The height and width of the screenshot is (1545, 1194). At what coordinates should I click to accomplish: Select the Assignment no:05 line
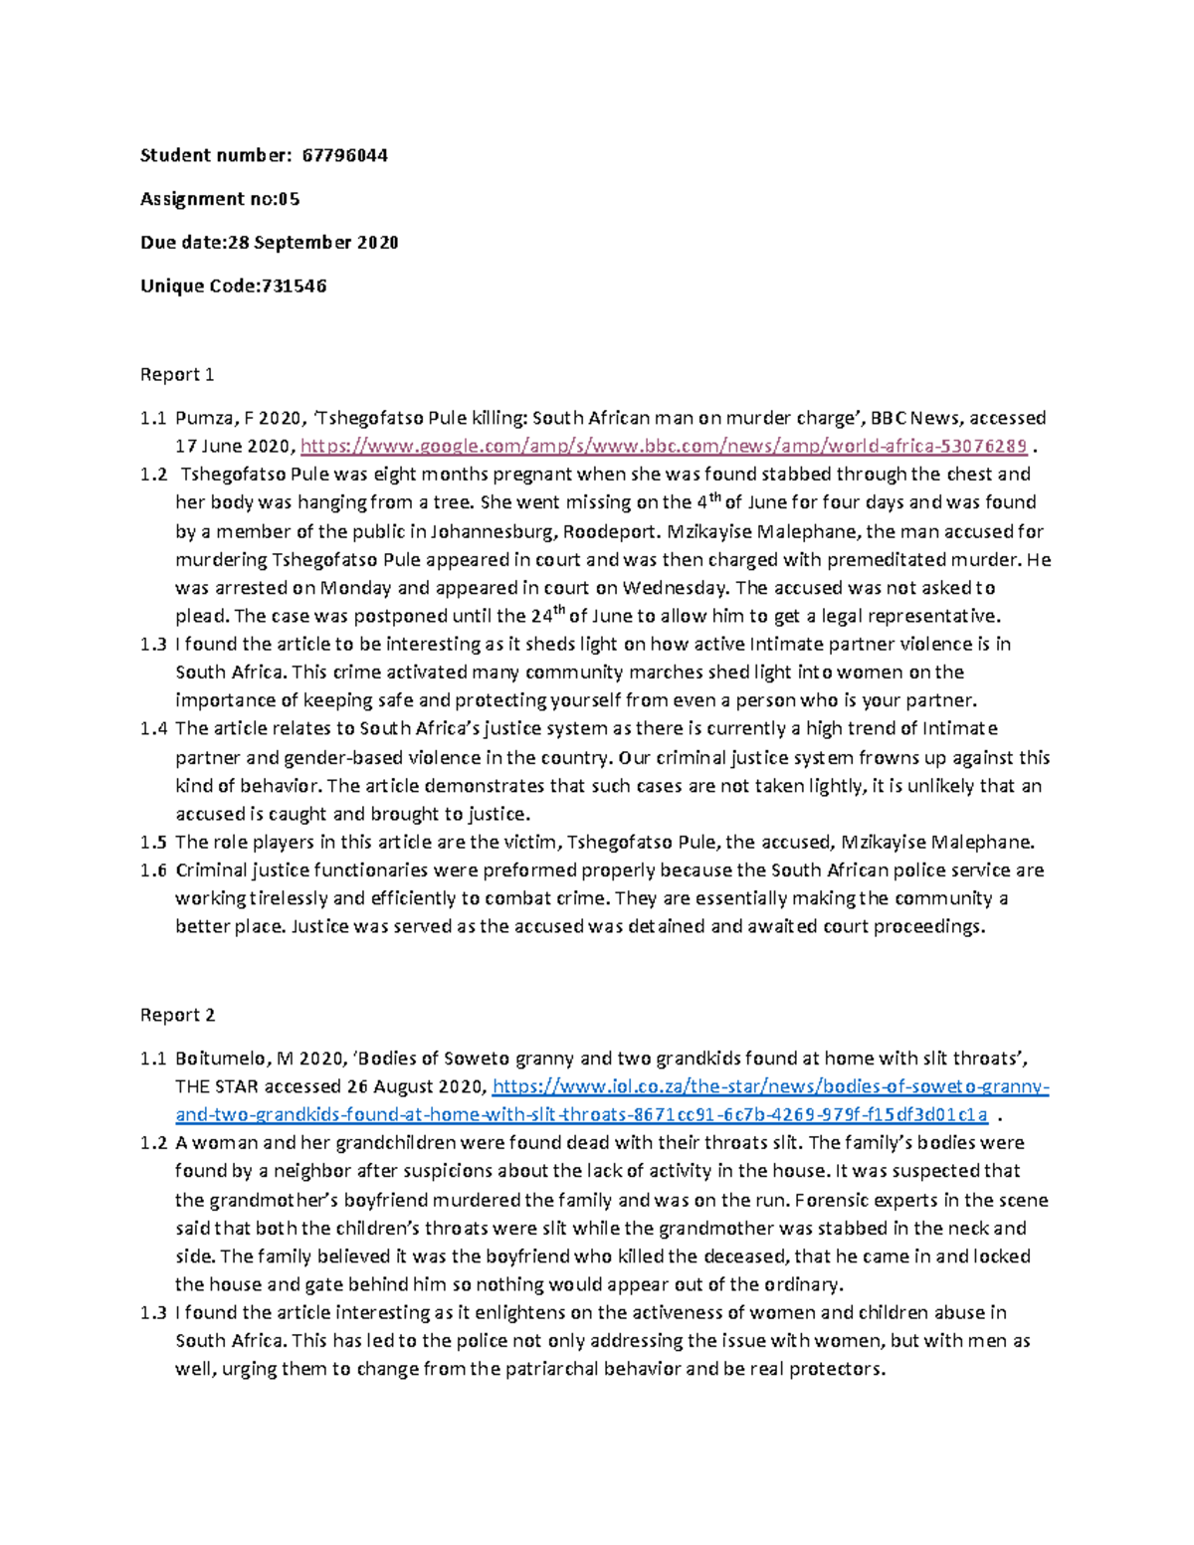220,199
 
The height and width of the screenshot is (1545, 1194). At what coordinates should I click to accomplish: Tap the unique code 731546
294,287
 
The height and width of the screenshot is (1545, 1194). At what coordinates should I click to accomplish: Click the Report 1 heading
177,375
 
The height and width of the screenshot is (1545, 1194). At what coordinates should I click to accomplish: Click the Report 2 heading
177,1016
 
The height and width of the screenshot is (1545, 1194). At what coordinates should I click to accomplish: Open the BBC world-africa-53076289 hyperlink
663,446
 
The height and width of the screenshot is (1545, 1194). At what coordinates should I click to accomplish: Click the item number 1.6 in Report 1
153,870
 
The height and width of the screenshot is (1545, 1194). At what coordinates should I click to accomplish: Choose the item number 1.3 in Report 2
153,1313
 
